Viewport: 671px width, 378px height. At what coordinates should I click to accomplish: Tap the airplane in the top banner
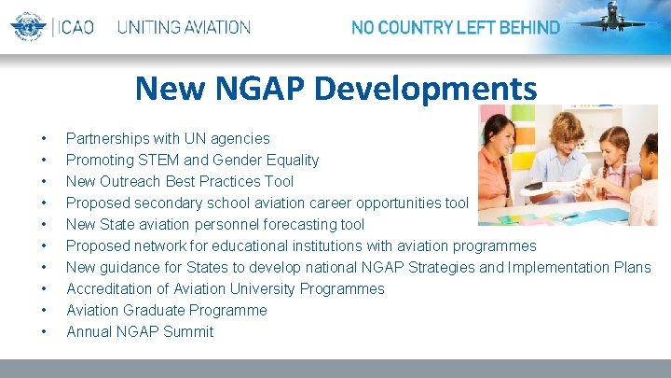click(x=615, y=20)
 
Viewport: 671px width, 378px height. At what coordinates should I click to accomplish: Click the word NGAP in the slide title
click(x=264, y=89)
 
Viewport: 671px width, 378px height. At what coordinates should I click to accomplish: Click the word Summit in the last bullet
click(x=187, y=331)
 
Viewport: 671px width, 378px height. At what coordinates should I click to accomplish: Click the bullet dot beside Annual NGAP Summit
click(x=43, y=332)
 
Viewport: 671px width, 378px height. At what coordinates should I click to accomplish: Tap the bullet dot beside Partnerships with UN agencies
click(x=43, y=139)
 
